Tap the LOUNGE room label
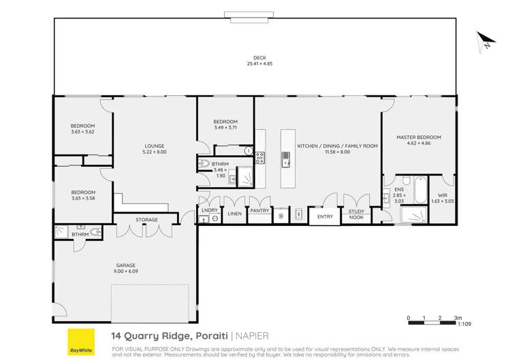coord(154,146)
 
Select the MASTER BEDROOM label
coord(419,137)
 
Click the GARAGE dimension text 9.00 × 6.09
coord(125,272)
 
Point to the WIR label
coord(443,195)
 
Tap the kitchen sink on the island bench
coord(287,161)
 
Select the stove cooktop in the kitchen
coord(259,158)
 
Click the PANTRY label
coord(259,210)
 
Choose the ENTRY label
coord(325,217)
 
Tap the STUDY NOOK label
coord(356,214)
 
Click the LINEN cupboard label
coord(234,214)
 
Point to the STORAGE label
coord(146,220)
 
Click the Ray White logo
coord(80,342)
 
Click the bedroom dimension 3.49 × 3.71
coord(225,127)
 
